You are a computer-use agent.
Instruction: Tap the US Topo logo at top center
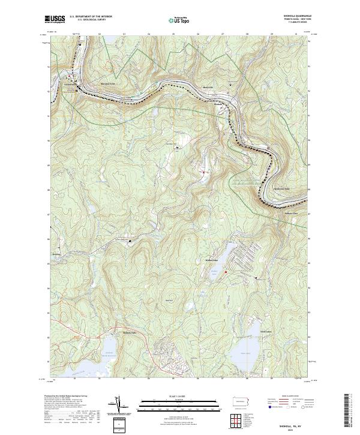pyautogui.click(x=179, y=20)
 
